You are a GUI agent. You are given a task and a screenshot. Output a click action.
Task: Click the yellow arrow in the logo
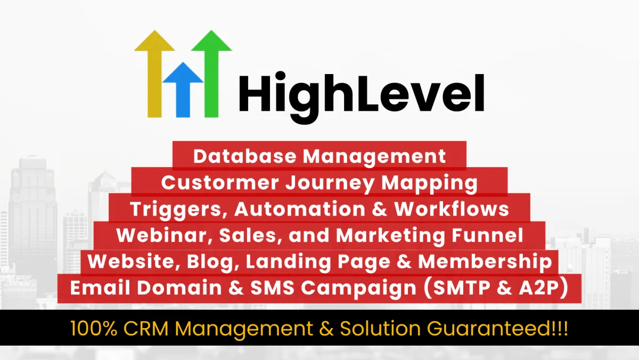click(x=154, y=73)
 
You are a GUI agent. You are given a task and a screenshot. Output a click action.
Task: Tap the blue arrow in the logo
click(x=183, y=89)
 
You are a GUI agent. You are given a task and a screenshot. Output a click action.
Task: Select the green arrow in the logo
click(x=211, y=73)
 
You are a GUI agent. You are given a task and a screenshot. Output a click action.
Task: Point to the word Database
click(x=245, y=157)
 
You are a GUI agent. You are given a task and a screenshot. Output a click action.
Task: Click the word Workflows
click(x=452, y=209)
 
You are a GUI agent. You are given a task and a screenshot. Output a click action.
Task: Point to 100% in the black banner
click(x=94, y=329)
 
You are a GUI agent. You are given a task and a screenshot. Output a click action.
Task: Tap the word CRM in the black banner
click(x=146, y=329)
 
